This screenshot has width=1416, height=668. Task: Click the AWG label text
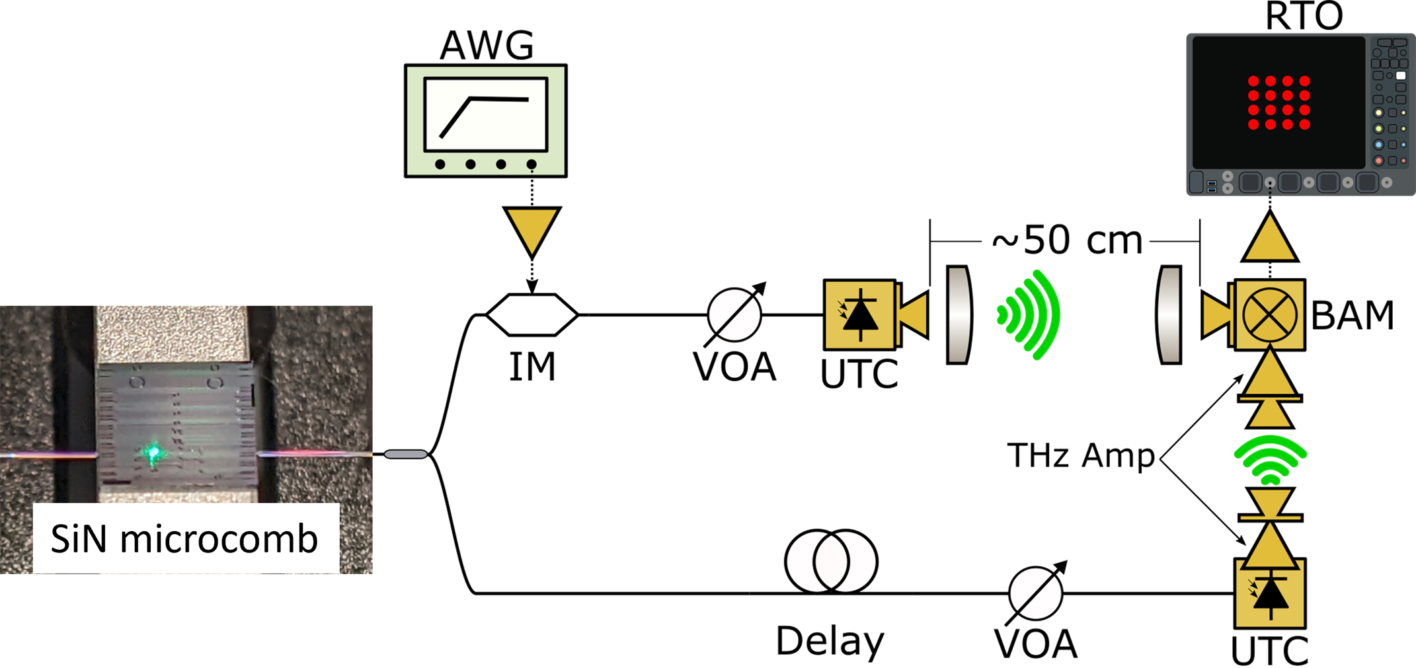coord(487,46)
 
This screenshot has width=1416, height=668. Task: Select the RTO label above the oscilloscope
coord(1304,15)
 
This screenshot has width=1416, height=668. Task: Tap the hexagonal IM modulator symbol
coord(532,315)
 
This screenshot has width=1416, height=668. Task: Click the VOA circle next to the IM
coord(734,315)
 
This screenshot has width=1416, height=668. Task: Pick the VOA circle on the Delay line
coord(1035,593)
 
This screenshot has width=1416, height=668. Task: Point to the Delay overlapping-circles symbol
coord(831,561)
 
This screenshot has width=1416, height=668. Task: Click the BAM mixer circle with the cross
coord(1269,315)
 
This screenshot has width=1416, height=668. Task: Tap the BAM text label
coord(1352,315)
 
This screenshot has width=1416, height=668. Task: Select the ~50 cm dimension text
coord(1067,240)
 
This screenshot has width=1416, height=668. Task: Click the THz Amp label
coord(1080,455)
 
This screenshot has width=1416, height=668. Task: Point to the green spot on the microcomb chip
coord(154,453)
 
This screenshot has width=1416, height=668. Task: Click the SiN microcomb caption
coord(184,538)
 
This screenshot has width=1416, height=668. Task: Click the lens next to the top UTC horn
coord(958,315)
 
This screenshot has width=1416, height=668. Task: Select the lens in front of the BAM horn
coord(1170,315)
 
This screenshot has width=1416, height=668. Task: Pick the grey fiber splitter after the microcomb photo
coord(406,454)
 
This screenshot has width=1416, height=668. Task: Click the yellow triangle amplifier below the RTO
coord(1270,236)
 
